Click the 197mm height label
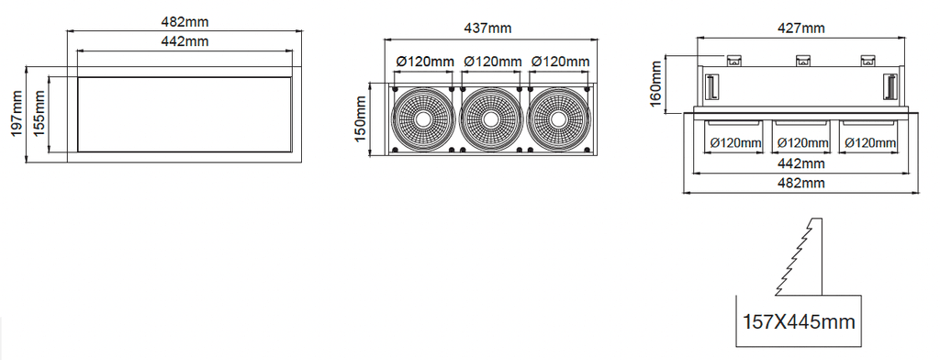17,113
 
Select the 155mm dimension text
39,113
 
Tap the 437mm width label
488,28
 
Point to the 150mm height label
360,120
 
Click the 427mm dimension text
800,28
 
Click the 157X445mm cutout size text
800,321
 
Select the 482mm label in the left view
185,22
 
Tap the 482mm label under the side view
800,183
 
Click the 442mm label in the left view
185,41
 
